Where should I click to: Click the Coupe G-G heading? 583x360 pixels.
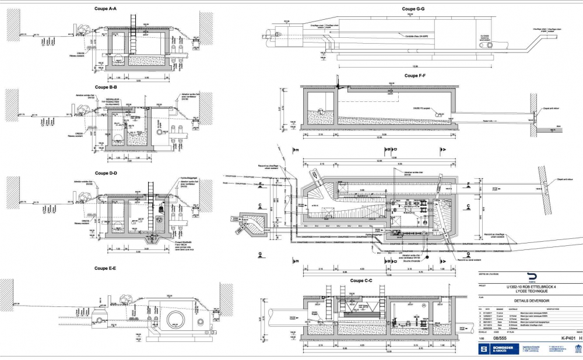(413, 9)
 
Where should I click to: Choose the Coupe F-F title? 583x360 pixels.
(414, 75)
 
